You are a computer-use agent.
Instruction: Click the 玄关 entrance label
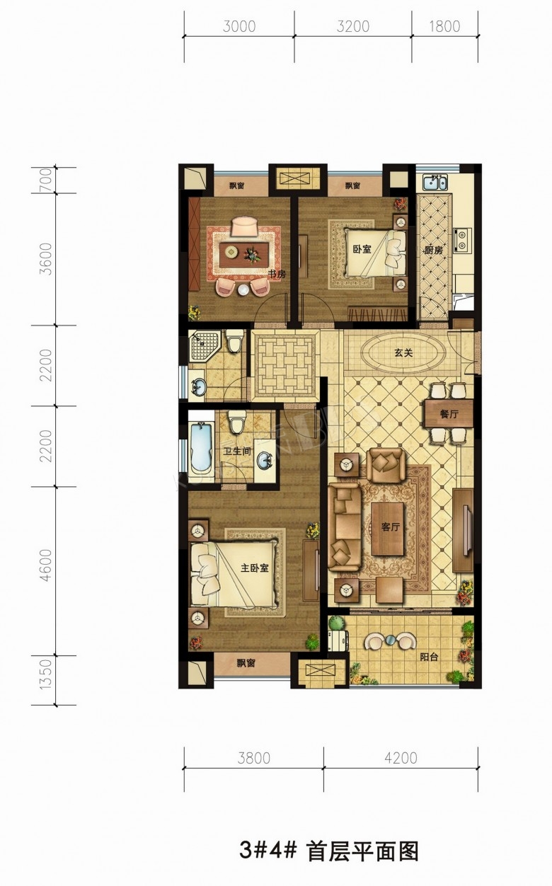[x=403, y=352]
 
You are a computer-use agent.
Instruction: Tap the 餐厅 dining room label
[x=449, y=414]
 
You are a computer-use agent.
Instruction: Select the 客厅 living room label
[x=390, y=527]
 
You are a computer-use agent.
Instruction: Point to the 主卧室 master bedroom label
[x=255, y=568]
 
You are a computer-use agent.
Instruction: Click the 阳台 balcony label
[x=429, y=657]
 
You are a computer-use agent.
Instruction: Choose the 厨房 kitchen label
[x=433, y=251]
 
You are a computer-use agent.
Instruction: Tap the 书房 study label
[x=277, y=274]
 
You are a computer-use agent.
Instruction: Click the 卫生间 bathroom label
[x=237, y=451]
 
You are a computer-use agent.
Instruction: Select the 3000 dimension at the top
[x=239, y=26]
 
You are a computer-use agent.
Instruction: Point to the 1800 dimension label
[x=444, y=26]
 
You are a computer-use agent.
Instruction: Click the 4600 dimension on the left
[x=46, y=565]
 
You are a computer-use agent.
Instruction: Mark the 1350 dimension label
[x=46, y=674]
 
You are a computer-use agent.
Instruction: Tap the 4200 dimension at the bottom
[x=401, y=758]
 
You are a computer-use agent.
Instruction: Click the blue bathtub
[x=202, y=447]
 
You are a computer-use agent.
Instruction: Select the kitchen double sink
[x=434, y=183]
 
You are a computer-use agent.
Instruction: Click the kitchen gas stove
[x=462, y=240]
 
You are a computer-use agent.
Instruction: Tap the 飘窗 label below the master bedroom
[x=246, y=663]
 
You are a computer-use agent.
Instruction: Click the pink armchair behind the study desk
[x=244, y=226]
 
